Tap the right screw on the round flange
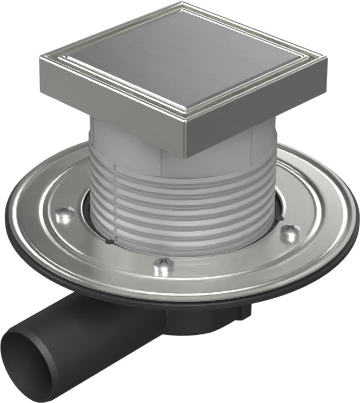point(290,233)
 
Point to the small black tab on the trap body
point(246,312)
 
